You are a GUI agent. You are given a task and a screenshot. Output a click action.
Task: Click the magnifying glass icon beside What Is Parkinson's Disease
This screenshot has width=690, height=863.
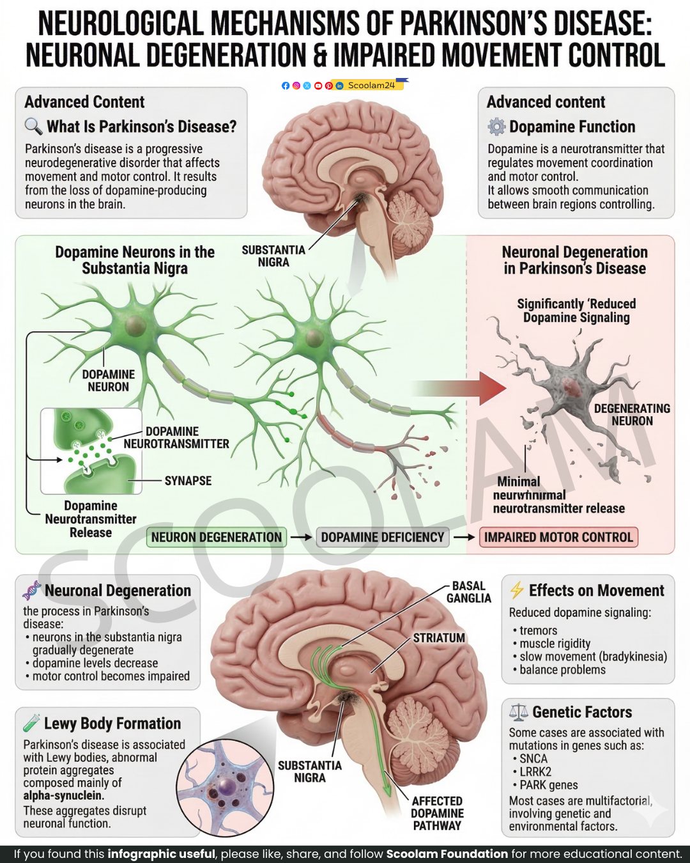point(33,126)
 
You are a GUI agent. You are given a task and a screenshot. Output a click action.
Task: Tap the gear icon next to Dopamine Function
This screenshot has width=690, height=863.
point(496,127)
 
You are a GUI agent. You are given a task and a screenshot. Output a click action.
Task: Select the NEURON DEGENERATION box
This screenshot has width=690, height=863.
point(217,538)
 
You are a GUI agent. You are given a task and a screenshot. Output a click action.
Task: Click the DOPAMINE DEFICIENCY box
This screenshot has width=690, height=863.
point(383,538)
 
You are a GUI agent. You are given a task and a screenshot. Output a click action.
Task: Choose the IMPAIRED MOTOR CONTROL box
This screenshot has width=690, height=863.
point(558,538)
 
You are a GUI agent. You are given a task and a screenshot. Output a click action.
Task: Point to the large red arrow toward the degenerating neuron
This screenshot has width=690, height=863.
point(459,388)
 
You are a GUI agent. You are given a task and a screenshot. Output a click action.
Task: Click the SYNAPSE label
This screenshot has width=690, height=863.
point(188,481)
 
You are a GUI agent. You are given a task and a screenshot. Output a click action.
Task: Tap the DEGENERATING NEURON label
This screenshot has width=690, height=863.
point(632,415)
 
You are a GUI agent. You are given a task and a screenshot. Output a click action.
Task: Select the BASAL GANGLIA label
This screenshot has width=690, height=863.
point(469,592)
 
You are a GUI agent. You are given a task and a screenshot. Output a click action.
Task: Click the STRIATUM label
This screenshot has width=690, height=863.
point(439,637)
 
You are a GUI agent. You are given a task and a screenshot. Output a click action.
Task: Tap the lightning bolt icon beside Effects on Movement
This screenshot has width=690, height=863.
point(517,590)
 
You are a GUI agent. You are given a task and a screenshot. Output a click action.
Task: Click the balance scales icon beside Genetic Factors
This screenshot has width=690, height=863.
point(518,712)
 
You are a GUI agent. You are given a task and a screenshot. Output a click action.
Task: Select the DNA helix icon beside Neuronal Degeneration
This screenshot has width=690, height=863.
point(32,590)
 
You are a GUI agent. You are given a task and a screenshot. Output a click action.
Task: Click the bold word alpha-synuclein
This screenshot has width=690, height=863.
point(64,795)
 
